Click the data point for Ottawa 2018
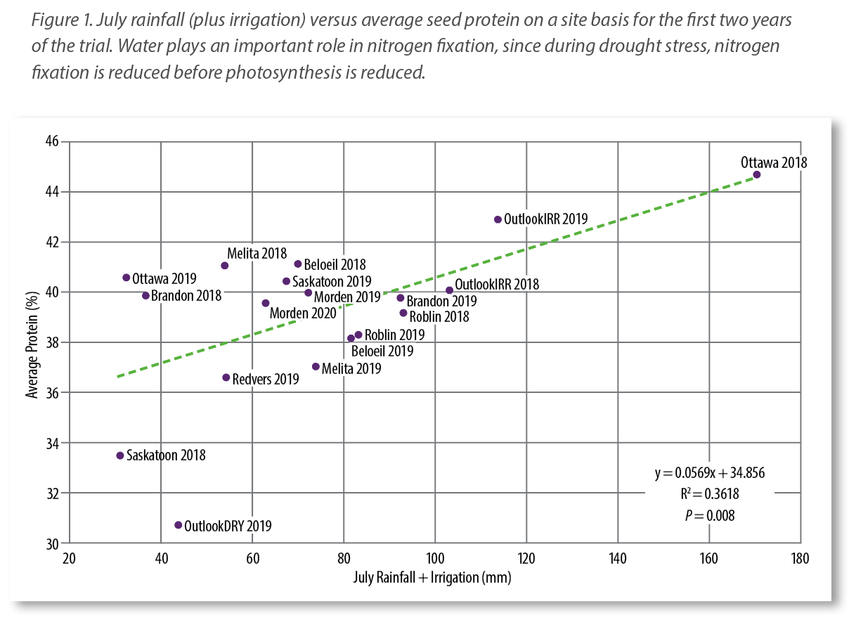(x=756, y=174)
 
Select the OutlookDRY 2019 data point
(x=178, y=525)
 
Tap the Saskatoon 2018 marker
(x=120, y=456)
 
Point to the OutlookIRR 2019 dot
(x=498, y=219)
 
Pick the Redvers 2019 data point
(x=226, y=377)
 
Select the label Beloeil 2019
(x=382, y=351)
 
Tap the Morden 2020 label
(x=303, y=313)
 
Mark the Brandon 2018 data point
(x=145, y=296)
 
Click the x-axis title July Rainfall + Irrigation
(x=432, y=578)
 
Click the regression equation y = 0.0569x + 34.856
(x=709, y=473)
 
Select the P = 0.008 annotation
(x=709, y=515)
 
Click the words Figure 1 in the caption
(x=57, y=20)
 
